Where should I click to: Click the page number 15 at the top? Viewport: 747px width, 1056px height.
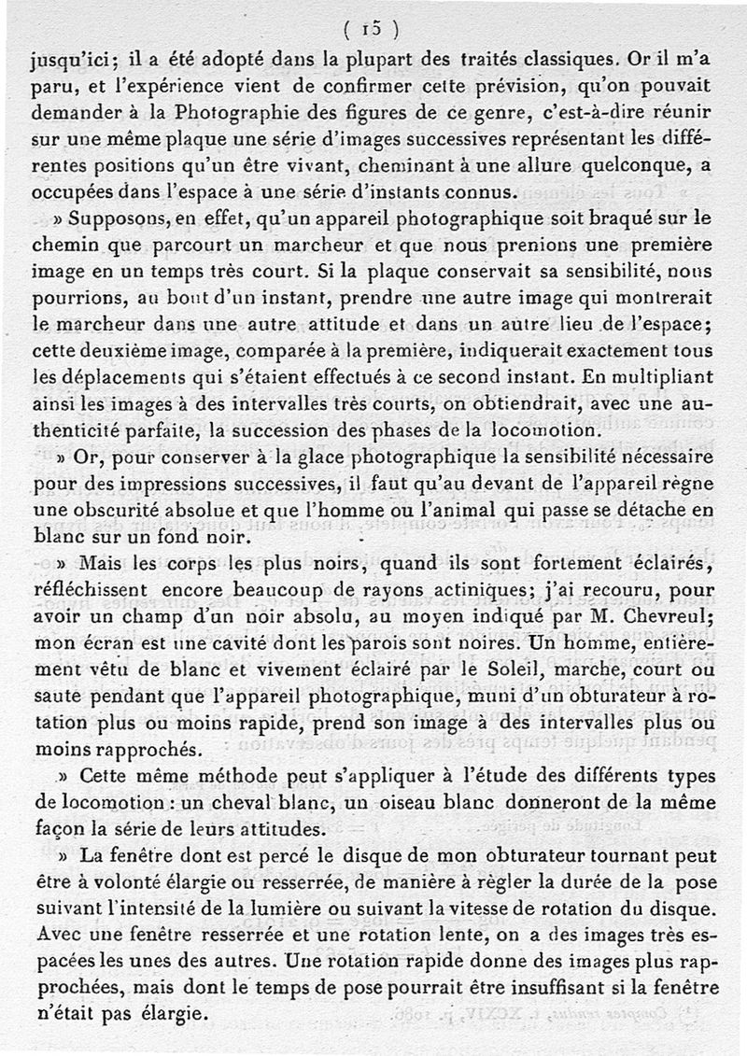[x=372, y=29]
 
